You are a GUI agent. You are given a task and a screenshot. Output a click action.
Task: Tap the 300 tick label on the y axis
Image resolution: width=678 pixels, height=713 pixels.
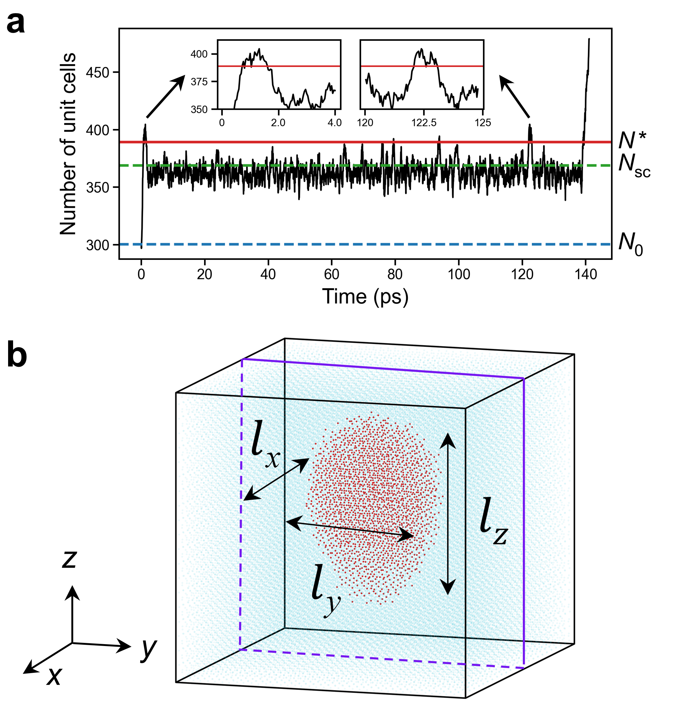click(x=98, y=245)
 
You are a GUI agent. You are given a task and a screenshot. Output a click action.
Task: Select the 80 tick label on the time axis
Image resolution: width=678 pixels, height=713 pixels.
click(x=395, y=275)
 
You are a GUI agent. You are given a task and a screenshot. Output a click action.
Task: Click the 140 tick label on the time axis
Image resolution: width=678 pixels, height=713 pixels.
click(x=585, y=275)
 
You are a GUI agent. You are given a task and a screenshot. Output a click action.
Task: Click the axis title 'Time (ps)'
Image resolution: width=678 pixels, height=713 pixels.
click(x=365, y=297)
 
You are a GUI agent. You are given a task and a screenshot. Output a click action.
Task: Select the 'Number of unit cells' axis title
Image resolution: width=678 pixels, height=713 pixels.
click(x=68, y=144)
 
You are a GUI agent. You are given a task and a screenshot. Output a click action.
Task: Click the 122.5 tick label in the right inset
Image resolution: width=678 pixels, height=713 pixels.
click(x=423, y=123)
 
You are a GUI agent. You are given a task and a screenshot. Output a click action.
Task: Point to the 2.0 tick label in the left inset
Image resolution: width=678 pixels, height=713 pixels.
click(x=278, y=123)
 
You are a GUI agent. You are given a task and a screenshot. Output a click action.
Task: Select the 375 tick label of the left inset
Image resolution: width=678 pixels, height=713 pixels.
click(x=199, y=82)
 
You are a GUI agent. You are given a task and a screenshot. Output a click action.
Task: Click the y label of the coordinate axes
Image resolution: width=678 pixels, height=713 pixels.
click(x=149, y=649)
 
